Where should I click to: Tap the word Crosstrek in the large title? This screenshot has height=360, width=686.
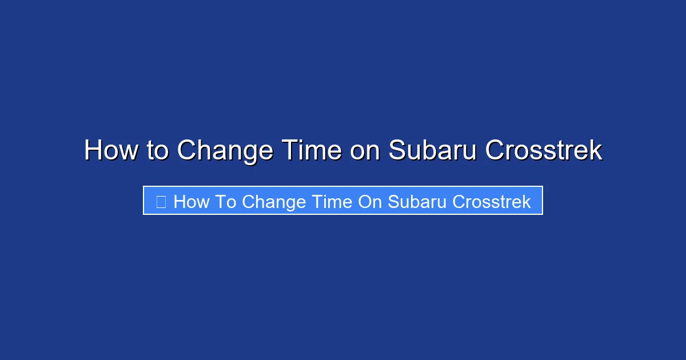[x=544, y=151]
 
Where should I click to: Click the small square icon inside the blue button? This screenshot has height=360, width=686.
[x=161, y=202]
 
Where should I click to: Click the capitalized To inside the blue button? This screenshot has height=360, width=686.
[x=226, y=202]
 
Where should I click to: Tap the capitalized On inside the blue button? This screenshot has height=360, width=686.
[x=370, y=202]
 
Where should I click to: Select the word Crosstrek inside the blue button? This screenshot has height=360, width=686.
[x=492, y=202]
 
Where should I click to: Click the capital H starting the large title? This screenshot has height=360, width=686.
[x=93, y=151]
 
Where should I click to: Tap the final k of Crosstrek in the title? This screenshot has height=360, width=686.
[x=596, y=151]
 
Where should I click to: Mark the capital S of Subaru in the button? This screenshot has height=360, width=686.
[x=393, y=202]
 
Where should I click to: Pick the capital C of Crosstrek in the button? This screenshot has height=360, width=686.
[x=458, y=202]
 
